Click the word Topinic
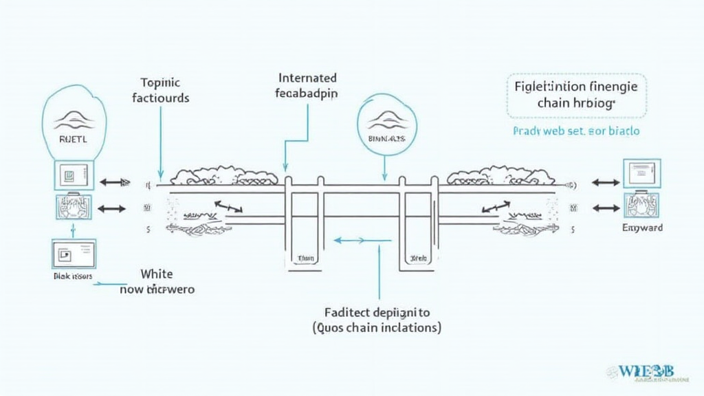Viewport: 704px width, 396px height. pos(159,80)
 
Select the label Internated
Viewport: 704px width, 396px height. pos(307,78)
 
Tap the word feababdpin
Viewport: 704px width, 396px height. pos(307,93)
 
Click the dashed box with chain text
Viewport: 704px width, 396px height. pos(576,96)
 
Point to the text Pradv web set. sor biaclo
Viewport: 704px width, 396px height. pos(576,131)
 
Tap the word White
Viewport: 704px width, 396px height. pos(157,274)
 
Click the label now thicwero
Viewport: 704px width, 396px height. pos(157,289)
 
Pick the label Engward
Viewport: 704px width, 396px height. pos(641,228)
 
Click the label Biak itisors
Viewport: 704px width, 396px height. pos(73,276)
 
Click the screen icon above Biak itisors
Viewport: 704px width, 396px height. pos(74,254)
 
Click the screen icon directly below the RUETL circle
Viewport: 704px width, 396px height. pos(74,176)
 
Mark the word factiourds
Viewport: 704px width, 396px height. pos(159,97)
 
